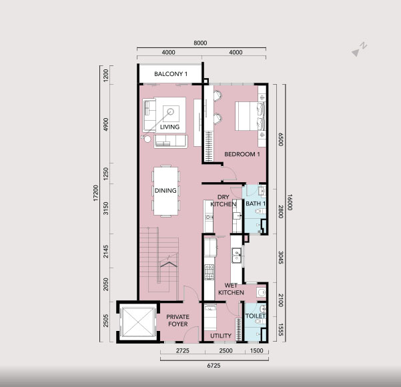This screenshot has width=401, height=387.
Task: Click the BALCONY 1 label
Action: point(171,74)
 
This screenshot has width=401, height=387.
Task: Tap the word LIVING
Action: point(169,127)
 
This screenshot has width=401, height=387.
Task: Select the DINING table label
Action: point(165,191)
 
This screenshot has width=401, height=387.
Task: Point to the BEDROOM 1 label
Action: point(242,154)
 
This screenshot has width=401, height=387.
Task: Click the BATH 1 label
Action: point(256,204)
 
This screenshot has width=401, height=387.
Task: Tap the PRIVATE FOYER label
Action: point(177,320)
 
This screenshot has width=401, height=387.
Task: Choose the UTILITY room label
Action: point(221,336)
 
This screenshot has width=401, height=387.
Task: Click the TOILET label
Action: point(256,316)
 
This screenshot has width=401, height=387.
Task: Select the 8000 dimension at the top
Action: point(200,43)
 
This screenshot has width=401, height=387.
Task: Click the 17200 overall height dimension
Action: point(95,193)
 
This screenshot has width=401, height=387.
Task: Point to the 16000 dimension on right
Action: point(290,202)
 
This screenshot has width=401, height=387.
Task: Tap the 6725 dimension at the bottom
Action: point(214,366)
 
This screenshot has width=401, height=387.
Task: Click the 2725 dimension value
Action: point(183,350)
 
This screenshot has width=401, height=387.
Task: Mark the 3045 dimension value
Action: point(280,258)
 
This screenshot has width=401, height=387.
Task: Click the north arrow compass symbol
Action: point(359,49)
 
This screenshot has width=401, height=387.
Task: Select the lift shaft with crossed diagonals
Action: point(138,322)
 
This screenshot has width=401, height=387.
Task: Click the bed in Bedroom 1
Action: point(250,116)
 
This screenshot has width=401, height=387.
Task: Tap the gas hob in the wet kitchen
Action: point(210,272)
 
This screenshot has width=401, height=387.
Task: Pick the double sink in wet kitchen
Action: point(237,256)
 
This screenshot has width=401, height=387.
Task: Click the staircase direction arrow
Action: point(169,264)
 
